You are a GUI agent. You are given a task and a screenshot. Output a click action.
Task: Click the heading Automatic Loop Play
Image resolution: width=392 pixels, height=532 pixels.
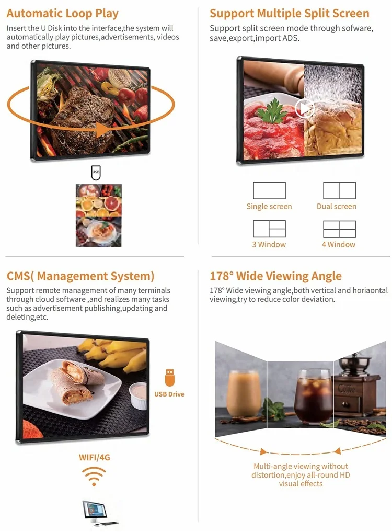tap(63, 14)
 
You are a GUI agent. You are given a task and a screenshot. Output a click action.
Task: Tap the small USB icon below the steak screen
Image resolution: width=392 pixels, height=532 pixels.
tap(96, 172)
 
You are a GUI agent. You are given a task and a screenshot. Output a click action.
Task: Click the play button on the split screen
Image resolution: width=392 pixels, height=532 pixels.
tap(304, 108)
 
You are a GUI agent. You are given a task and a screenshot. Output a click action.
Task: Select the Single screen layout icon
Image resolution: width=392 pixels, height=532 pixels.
tap(269, 190)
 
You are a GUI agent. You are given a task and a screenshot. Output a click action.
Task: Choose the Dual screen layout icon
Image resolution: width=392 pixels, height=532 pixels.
tap(339, 190)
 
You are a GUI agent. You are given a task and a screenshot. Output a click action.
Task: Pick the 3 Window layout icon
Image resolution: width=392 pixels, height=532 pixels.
tap(269, 229)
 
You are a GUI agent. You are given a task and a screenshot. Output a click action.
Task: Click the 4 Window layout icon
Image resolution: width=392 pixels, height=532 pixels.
tap(339, 229)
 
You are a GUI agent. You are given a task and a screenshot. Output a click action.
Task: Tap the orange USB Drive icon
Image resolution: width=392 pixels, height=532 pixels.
tap(169, 377)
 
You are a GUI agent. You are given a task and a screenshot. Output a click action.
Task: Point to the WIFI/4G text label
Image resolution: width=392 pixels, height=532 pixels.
tap(95, 457)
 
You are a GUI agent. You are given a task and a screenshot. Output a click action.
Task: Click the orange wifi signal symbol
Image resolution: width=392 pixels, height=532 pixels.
tap(94, 476)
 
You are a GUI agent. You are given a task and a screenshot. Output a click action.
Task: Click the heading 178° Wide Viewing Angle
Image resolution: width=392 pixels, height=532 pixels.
tap(275, 276)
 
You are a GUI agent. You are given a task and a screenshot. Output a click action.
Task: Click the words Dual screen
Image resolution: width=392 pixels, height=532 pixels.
tap(337, 207)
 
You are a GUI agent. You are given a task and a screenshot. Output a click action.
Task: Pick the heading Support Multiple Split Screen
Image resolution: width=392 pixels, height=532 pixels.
tap(290, 14)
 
